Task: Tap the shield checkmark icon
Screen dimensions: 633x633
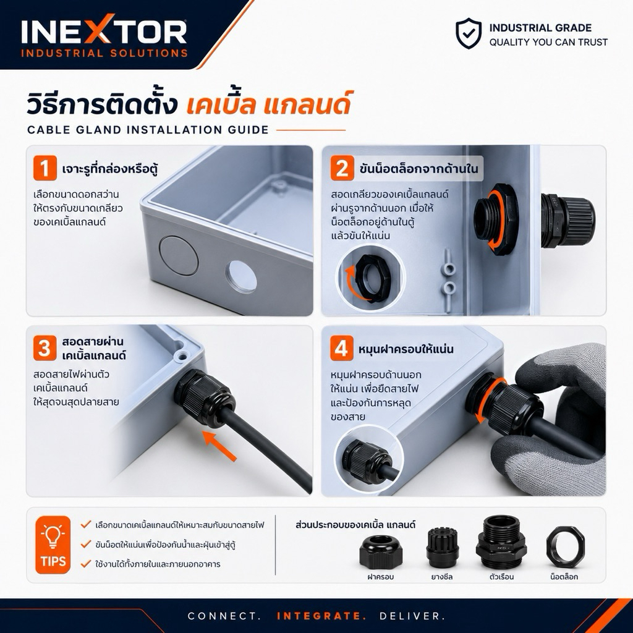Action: coord(469,33)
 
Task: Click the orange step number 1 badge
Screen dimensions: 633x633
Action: coord(45,168)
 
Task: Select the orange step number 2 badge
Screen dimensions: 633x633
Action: coord(342,168)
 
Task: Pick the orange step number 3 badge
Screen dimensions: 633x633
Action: coord(45,348)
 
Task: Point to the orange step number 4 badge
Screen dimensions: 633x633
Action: coord(341,348)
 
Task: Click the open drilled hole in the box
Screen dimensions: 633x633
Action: coord(241,276)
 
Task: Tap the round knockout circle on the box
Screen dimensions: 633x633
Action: coord(179,256)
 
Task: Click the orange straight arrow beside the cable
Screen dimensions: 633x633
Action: coord(219,445)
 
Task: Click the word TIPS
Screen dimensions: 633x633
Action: coord(53,561)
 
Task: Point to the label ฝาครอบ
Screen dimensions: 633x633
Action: coord(380,577)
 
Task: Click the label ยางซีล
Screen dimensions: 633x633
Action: coord(441,577)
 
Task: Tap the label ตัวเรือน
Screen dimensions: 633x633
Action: coord(501,577)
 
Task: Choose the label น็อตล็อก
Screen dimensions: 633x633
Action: coord(564,577)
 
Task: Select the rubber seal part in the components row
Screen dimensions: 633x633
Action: coord(441,547)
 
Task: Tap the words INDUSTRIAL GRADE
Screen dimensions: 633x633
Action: coord(540,28)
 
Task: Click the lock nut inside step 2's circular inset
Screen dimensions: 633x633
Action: coord(369,277)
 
